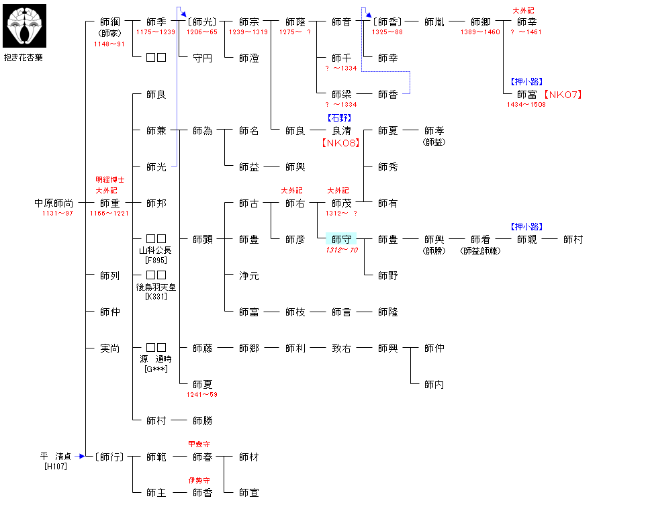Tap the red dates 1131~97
click(57, 214)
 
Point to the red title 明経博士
click(109, 180)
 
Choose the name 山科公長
click(156, 250)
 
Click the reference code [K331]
click(156, 296)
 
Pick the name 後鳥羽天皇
click(156, 287)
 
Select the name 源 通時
click(156, 359)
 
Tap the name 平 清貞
click(56, 457)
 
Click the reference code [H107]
click(56, 466)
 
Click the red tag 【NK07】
click(562, 95)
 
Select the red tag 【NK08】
click(340, 142)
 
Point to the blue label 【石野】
click(340, 118)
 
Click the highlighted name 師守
click(341, 239)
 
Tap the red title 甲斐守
click(202, 444)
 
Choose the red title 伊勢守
click(202, 481)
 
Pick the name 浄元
click(248, 275)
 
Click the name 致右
click(341, 348)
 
